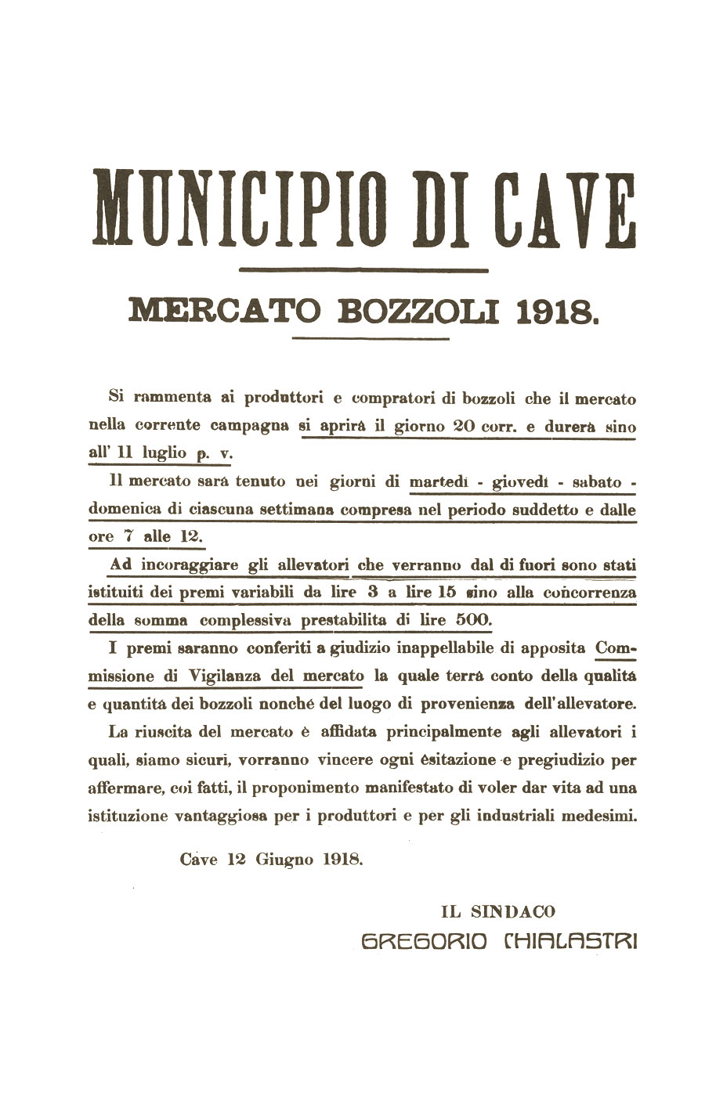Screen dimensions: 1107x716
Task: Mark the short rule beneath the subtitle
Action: [x=370, y=339]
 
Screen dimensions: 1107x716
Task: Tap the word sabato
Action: [x=596, y=483]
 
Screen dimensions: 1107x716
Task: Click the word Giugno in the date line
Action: [x=282, y=858]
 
